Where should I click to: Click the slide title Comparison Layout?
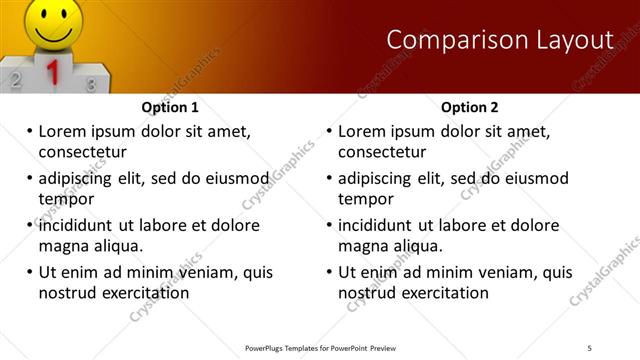499,40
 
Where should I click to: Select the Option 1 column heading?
170,107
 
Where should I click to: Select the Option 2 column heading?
470,107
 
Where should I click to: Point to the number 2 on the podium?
15,79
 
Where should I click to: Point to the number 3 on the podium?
91,84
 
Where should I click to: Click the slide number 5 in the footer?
590,347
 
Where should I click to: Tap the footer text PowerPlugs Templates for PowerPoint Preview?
320,347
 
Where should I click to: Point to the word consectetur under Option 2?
382,152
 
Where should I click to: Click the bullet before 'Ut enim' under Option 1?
30,272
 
